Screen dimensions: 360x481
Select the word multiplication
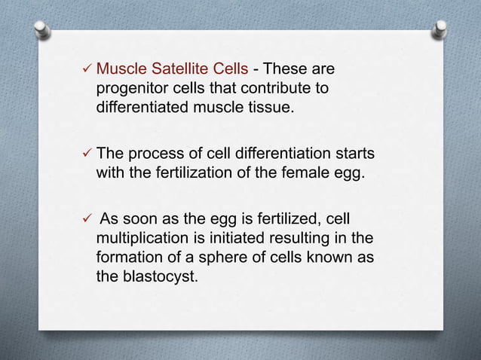pyautogui.click(x=141, y=239)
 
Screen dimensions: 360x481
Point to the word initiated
pyautogui.click(x=234, y=239)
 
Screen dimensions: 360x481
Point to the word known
pyautogui.click(x=329, y=257)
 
